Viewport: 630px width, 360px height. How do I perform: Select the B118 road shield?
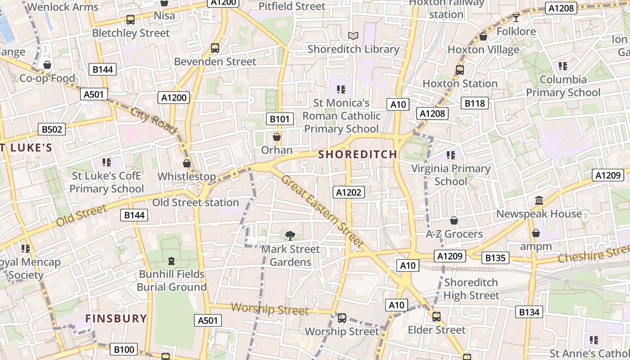point(475,103)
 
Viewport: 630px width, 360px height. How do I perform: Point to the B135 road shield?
point(495,258)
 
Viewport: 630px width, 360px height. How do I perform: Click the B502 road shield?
point(51,130)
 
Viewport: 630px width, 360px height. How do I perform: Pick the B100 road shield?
point(124,349)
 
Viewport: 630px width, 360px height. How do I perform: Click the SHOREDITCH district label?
point(358,154)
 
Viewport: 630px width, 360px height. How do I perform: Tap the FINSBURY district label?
point(116,319)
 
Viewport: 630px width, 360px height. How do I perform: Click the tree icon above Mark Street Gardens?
point(290,235)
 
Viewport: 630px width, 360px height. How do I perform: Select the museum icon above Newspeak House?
point(539,200)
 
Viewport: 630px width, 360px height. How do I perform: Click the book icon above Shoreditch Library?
point(353,36)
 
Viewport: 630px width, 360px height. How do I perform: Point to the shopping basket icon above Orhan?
point(277,137)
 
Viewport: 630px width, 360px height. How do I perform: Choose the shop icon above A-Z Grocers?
point(454,220)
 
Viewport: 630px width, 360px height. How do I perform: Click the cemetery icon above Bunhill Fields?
point(171,261)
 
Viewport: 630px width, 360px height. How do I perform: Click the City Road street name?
point(153,121)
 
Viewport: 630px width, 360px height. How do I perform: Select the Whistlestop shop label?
point(186,176)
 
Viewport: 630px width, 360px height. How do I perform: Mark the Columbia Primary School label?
point(563,86)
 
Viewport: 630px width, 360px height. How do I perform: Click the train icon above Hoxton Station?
point(459,70)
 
